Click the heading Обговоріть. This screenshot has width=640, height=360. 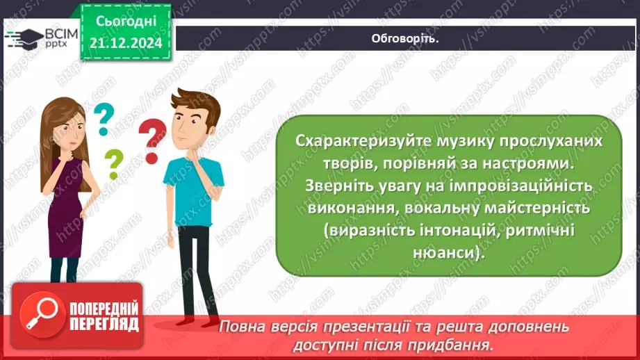[x=406, y=38]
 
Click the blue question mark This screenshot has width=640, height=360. [x=104, y=119]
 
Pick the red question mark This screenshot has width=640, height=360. [x=152, y=140]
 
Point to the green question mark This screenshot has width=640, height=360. [x=113, y=165]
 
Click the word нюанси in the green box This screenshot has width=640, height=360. [x=448, y=252]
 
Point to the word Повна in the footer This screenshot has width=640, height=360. [x=242, y=327]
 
